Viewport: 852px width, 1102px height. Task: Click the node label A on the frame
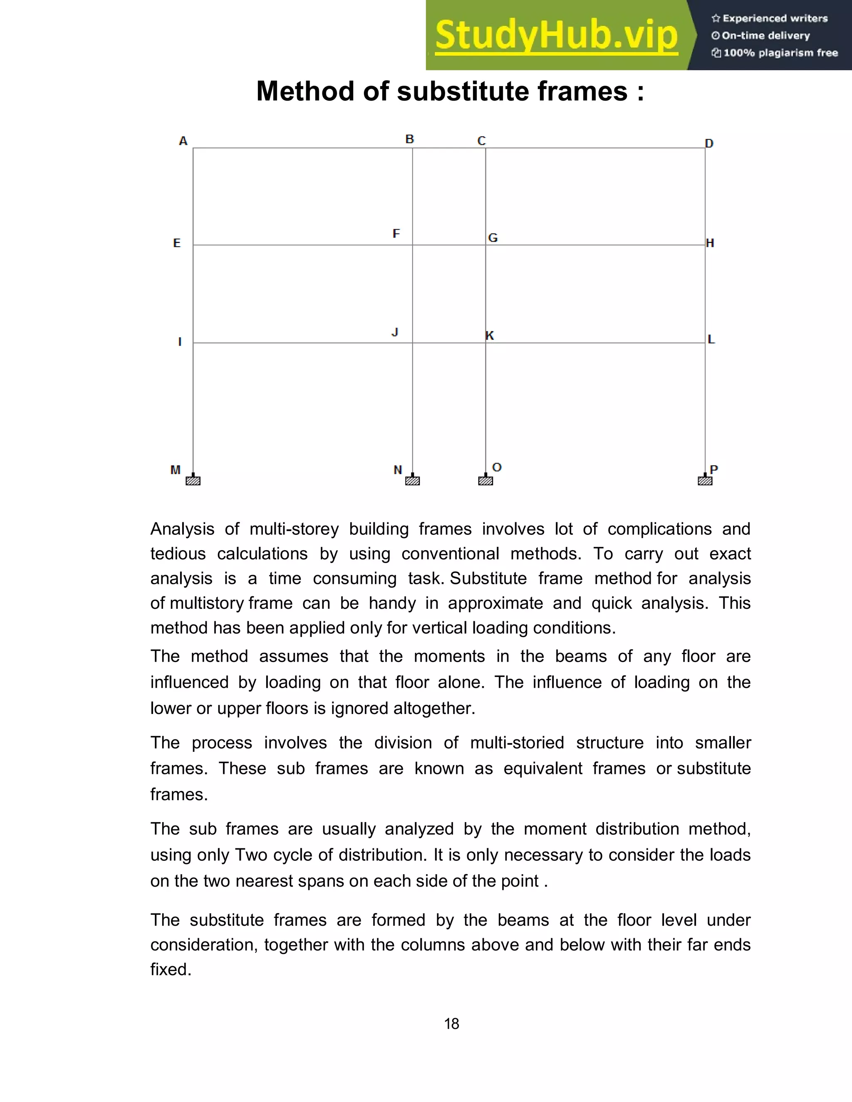click(183, 141)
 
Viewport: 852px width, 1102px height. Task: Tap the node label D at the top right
click(709, 144)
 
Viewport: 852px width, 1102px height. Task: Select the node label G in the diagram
click(493, 237)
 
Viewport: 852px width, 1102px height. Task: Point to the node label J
click(395, 332)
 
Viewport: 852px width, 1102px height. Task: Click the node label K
click(490, 336)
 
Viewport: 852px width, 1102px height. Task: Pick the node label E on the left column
click(177, 243)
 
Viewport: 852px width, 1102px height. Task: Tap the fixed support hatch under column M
click(193, 480)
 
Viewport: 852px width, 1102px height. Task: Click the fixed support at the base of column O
click(485, 480)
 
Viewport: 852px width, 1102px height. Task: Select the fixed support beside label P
click(705, 480)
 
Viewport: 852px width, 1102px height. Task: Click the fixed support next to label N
click(412, 480)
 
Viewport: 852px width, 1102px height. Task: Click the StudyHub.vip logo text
click(556, 35)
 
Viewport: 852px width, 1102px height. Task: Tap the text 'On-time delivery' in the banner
click(766, 35)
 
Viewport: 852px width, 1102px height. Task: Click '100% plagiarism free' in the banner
click(780, 53)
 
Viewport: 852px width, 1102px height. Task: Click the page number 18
click(451, 1024)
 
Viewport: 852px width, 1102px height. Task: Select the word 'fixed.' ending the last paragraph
click(171, 969)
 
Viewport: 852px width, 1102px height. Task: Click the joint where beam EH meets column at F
click(412, 245)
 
